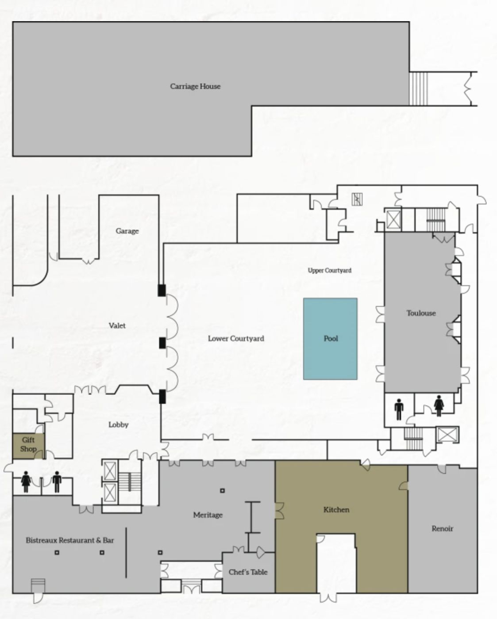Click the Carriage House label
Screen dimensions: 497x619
(195, 86)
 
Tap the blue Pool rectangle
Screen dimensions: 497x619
(330, 339)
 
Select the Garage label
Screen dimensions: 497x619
(127, 231)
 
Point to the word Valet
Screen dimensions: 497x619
(117, 325)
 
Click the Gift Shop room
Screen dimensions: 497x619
(28, 446)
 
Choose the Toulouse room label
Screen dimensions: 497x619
(421, 313)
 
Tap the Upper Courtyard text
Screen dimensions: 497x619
(330, 271)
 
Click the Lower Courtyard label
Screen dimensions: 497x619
(236, 339)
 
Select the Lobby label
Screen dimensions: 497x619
(118, 424)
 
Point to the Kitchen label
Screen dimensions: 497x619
(336, 510)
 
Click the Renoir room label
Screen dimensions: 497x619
(442, 528)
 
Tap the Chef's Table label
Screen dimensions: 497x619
(248, 572)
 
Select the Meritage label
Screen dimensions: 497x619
(208, 515)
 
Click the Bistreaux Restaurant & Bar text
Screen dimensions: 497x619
(70, 540)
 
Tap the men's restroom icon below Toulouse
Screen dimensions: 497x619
(399, 409)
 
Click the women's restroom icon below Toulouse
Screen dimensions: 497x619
(438, 406)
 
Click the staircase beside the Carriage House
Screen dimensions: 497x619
(418, 88)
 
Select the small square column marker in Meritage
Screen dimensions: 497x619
(222, 490)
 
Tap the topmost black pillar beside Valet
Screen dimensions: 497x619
(162, 290)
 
